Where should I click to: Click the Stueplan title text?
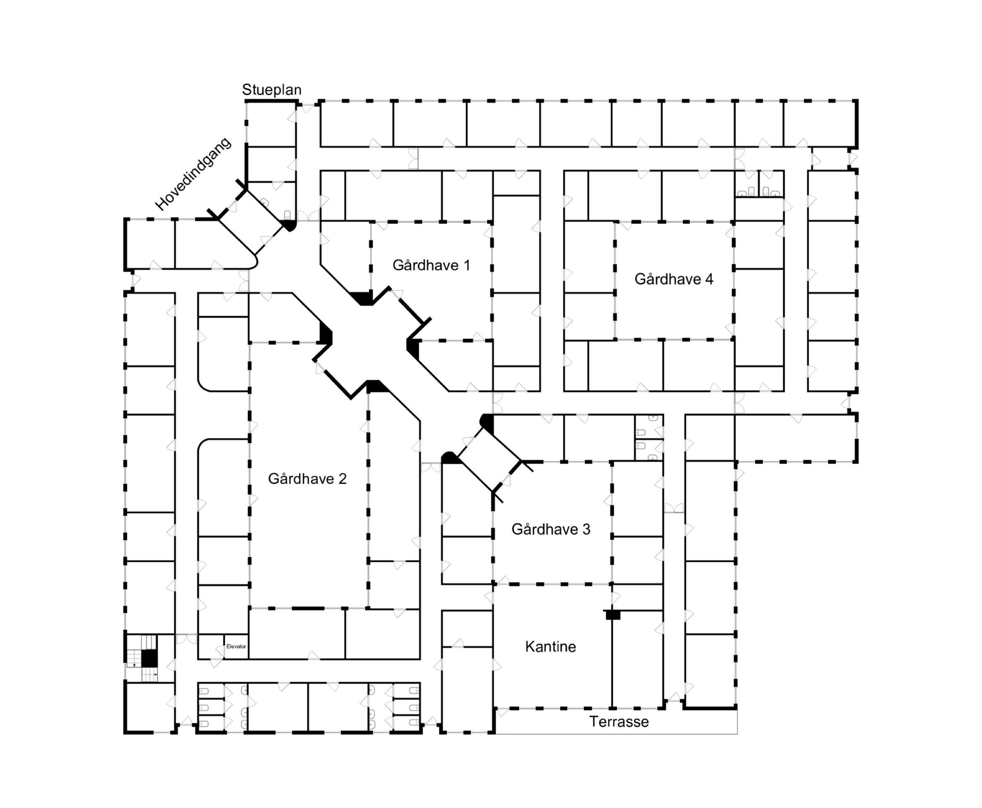(272, 90)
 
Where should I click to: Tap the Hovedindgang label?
(193, 174)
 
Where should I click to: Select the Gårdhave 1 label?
(431, 265)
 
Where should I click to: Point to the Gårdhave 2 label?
(307, 479)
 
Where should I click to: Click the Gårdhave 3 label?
(551, 529)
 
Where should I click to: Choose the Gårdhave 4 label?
(673, 279)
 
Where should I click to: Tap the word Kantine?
(550, 647)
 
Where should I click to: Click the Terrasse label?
(619, 722)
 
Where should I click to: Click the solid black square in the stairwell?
(148, 658)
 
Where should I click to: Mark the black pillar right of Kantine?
(613, 615)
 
